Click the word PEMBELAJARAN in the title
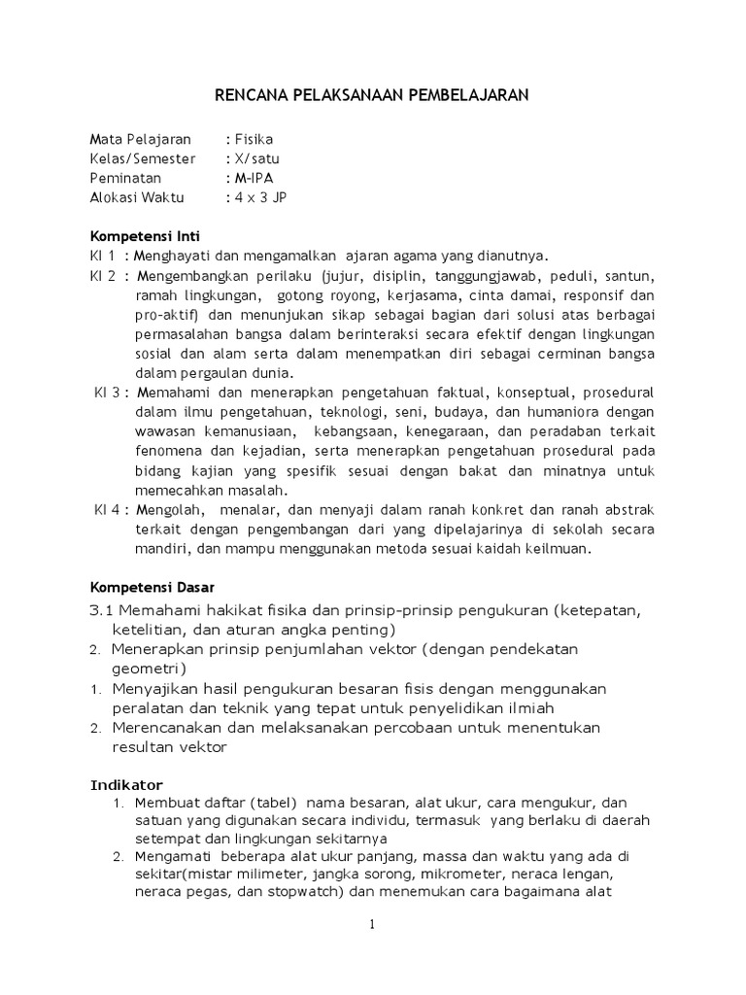tap(461, 95)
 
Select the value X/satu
tap(256, 158)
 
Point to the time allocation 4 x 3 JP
tap(259, 197)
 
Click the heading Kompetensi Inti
tap(145, 236)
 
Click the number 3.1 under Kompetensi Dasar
tap(103, 609)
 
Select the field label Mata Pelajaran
tap(141, 139)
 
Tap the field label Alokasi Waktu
tap(137, 197)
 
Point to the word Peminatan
tap(125, 178)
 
